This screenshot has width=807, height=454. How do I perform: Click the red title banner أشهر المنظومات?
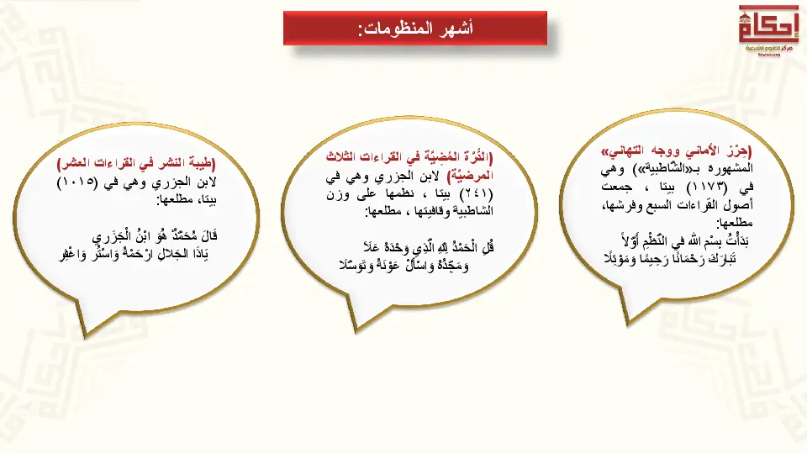pos(414,29)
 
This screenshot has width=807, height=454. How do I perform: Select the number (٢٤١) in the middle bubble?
pos(472,194)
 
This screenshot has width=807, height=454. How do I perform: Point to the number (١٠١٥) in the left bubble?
pos(77,182)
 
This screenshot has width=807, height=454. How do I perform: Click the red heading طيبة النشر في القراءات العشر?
pos(136,164)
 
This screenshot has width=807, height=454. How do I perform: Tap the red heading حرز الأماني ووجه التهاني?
pos(676,151)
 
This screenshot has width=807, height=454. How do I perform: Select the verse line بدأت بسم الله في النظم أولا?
pos(685,240)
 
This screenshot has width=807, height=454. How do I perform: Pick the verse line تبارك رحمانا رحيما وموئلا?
pos(670,258)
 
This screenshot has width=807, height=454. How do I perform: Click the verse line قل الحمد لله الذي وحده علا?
pos(428,247)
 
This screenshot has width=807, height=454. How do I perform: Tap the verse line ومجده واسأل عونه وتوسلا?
pos(404,266)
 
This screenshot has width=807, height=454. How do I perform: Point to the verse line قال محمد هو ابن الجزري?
pos(155,237)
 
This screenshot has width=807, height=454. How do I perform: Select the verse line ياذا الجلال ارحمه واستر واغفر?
pos(134,254)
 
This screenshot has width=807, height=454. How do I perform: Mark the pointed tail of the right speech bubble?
pos(628,323)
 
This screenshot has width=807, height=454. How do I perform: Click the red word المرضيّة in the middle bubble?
pos(471,176)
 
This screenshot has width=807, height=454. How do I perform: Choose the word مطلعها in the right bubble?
pos(735,223)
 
